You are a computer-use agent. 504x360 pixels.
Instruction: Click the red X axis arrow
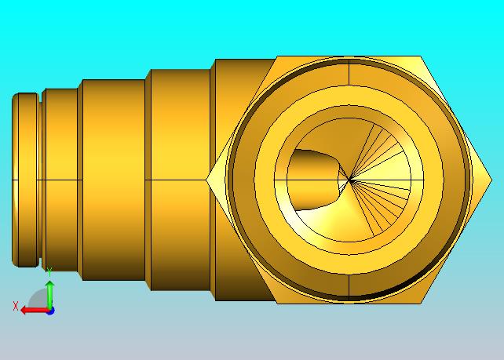(x=35, y=311)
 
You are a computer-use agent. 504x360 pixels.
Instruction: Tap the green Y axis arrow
(x=49, y=294)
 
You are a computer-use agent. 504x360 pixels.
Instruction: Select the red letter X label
(x=15, y=306)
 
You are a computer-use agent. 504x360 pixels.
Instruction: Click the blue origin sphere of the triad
(x=50, y=311)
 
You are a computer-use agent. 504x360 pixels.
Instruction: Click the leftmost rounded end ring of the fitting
(x=25, y=180)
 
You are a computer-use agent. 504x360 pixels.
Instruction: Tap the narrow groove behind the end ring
(x=41, y=180)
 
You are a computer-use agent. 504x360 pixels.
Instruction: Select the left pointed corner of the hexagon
(x=206, y=180)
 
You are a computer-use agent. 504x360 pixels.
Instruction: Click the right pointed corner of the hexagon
(x=491, y=180)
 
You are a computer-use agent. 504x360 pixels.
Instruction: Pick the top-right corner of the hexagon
(x=421, y=56)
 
